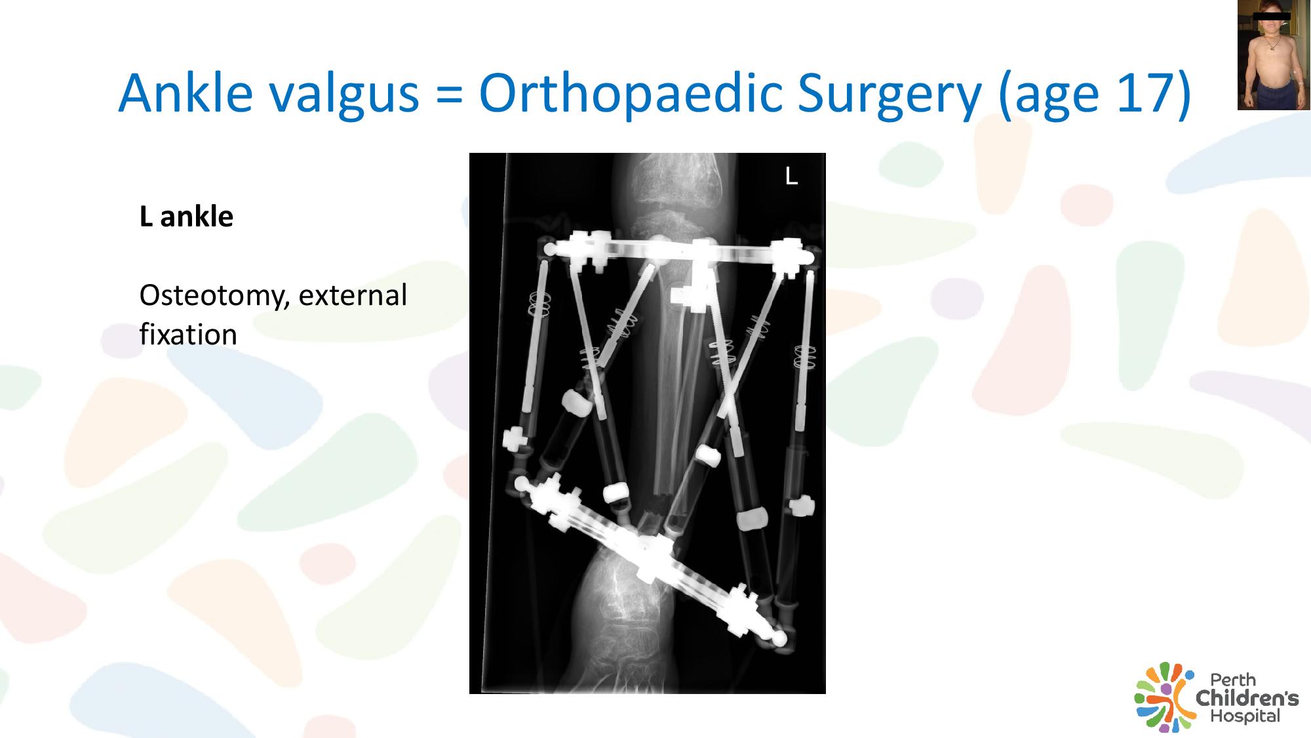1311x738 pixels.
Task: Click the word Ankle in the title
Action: point(186,92)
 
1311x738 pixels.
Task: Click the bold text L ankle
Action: point(186,216)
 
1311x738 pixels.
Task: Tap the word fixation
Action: point(188,335)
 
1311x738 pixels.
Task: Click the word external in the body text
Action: point(353,295)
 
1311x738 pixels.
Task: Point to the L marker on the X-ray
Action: point(791,176)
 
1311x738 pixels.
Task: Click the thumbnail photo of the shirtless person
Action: point(1274,55)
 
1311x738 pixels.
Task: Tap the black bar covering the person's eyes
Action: point(1272,16)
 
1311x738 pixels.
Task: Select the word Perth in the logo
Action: point(1233,680)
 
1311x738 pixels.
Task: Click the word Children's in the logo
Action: point(1247,698)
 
